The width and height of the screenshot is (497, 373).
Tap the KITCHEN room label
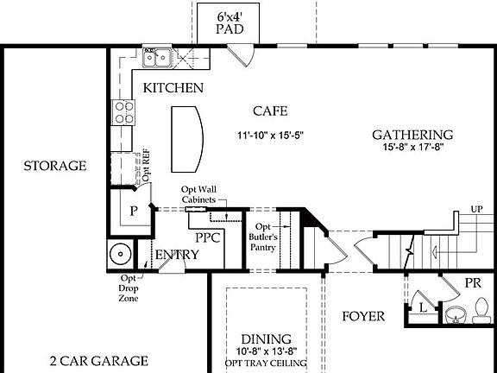click(x=173, y=88)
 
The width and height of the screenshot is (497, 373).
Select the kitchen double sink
click(x=157, y=58)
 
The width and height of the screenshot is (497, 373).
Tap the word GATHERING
click(x=412, y=135)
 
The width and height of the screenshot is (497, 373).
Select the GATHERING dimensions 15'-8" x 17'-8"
click(x=413, y=148)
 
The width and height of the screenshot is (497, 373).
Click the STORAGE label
click(x=54, y=166)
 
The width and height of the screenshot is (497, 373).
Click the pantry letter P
click(x=134, y=210)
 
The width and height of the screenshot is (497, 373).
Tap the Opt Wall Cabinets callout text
click(x=198, y=194)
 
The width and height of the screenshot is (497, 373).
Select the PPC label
click(x=208, y=236)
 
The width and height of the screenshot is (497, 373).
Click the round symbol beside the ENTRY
click(x=120, y=255)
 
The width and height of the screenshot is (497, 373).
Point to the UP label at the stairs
click(x=476, y=209)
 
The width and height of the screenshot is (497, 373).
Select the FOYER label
click(x=362, y=316)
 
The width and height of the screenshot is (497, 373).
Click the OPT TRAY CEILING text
click(x=266, y=364)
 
